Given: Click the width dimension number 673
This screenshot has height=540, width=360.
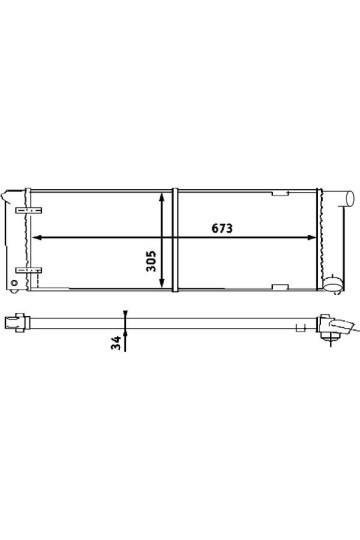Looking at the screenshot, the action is [222, 228].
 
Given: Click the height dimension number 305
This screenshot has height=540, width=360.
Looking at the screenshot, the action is [151, 261].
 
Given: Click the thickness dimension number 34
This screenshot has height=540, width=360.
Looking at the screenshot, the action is [116, 342].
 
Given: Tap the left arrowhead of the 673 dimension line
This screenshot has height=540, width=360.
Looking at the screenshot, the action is [36, 237].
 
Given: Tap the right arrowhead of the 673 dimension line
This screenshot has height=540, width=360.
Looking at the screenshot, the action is [311, 237].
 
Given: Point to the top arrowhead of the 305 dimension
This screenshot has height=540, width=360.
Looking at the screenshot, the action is [161, 198].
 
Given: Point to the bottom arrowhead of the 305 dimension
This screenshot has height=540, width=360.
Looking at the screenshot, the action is [161, 282].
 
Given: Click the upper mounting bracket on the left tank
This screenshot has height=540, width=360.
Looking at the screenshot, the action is [29, 210].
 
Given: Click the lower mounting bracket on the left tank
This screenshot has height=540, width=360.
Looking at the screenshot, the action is [29, 270].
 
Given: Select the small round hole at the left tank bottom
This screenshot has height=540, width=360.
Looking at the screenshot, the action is [14, 283].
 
